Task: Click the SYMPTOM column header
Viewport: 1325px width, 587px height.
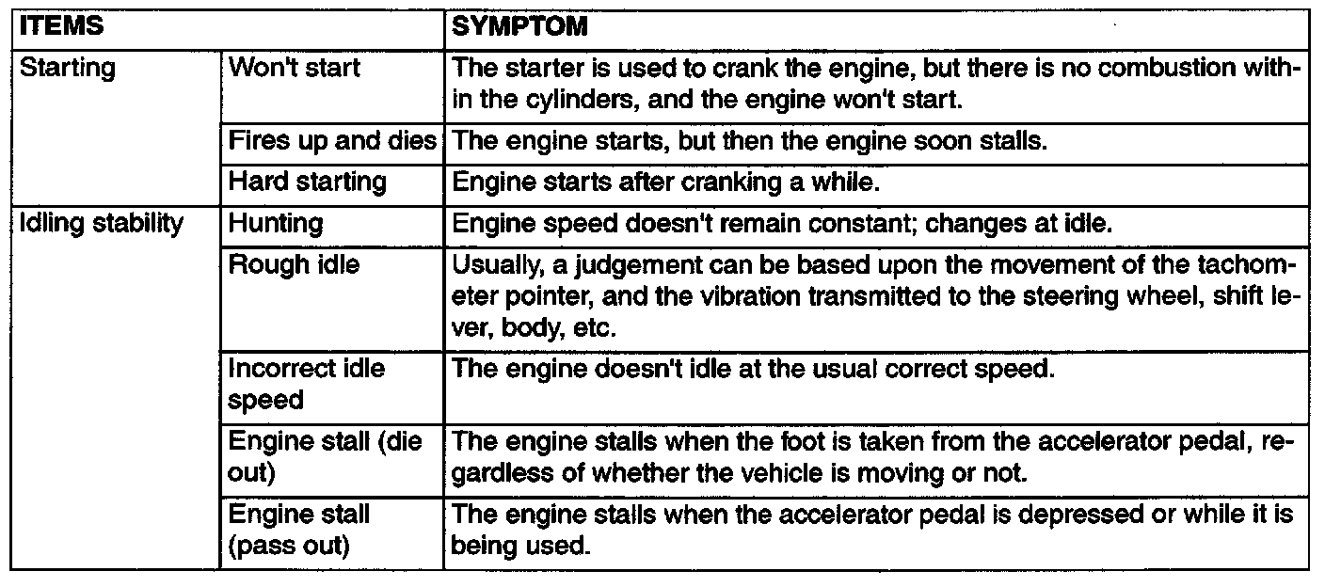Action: coord(519,28)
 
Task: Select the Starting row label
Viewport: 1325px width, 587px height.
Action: coord(66,69)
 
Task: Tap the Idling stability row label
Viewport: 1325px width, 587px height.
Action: coord(102,224)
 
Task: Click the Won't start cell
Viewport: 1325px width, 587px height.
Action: coord(294,69)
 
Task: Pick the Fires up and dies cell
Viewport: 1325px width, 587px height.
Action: coord(332,141)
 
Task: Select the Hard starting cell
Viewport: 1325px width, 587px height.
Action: coord(308,181)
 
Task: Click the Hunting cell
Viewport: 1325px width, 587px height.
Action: coord(276,224)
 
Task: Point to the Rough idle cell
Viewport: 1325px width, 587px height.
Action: coord(294,264)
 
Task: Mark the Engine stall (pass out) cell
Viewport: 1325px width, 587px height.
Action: coord(299,530)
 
